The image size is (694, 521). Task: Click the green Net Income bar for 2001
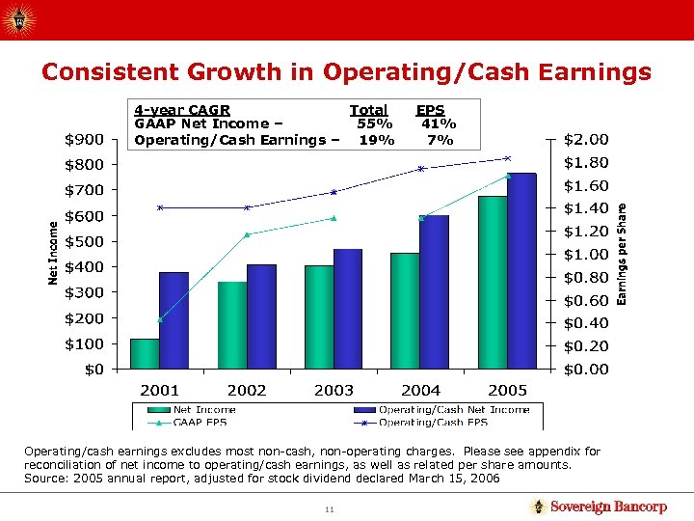[x=145, y=353]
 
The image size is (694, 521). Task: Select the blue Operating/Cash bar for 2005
[x=521, y=271]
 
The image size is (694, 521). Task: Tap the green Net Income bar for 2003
[x=318, y=316]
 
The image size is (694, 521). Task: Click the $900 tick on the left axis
[x=85, y=140]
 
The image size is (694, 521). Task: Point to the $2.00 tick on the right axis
[x=586, y=140]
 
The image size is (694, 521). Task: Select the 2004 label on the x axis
[x=420, y=390]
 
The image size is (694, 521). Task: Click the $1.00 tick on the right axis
[x=586, y=255]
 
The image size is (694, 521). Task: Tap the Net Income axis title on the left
[x=54, y=254]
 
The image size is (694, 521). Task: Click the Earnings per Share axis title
[x=622, y=253]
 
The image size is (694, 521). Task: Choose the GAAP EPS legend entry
[x=200, y=422]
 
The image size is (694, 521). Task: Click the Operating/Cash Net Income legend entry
[x=453, y=410]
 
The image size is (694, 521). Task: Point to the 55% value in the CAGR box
[x=374, y=123]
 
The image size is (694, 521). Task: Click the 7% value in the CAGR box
[x=440, y=140]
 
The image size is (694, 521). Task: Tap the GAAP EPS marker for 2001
[x=160, y=318]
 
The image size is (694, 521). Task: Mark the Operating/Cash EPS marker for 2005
[x=507, y=158]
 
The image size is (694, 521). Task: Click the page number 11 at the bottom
[x=330, y=507]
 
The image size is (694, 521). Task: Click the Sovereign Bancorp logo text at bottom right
[x=607, y=507]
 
